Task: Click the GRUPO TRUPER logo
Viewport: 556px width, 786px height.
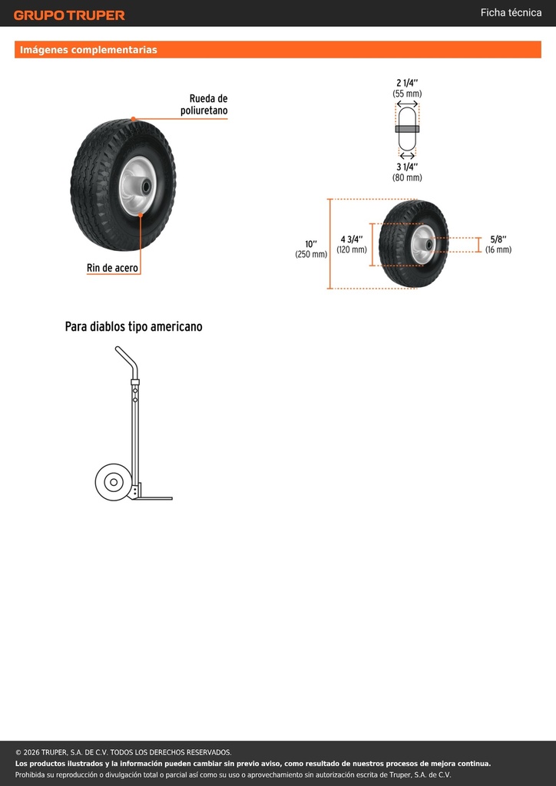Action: pos(69,15)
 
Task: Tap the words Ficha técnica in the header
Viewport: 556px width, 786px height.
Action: pos(511,12)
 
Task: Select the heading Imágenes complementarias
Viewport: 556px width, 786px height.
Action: pos(88,50)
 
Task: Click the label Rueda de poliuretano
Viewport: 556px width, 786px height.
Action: pos(204,104)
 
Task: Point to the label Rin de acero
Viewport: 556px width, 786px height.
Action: pos(112,268)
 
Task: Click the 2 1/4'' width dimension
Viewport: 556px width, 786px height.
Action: pos(407,83)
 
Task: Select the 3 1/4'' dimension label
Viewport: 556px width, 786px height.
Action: pos(407,167)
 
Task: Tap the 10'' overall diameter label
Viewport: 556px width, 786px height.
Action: pos(311,244)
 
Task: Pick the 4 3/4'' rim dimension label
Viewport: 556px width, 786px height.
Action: pos(352,239)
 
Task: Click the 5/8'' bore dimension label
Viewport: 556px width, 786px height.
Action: pos(498,239)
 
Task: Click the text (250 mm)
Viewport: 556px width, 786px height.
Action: pos(311,254)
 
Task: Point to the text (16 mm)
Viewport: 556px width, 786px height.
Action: pos(498,249)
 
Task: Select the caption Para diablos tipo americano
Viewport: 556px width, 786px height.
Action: pos(134,326)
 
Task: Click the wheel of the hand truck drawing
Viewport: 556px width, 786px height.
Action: pos(114,482)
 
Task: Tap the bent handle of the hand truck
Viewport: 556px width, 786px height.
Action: pos(127,362)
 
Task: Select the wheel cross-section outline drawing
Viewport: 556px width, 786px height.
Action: pos(407,128)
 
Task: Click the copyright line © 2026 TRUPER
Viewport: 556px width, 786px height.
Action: pos(124,752)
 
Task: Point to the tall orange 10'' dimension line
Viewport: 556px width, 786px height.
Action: pos(329,243)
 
